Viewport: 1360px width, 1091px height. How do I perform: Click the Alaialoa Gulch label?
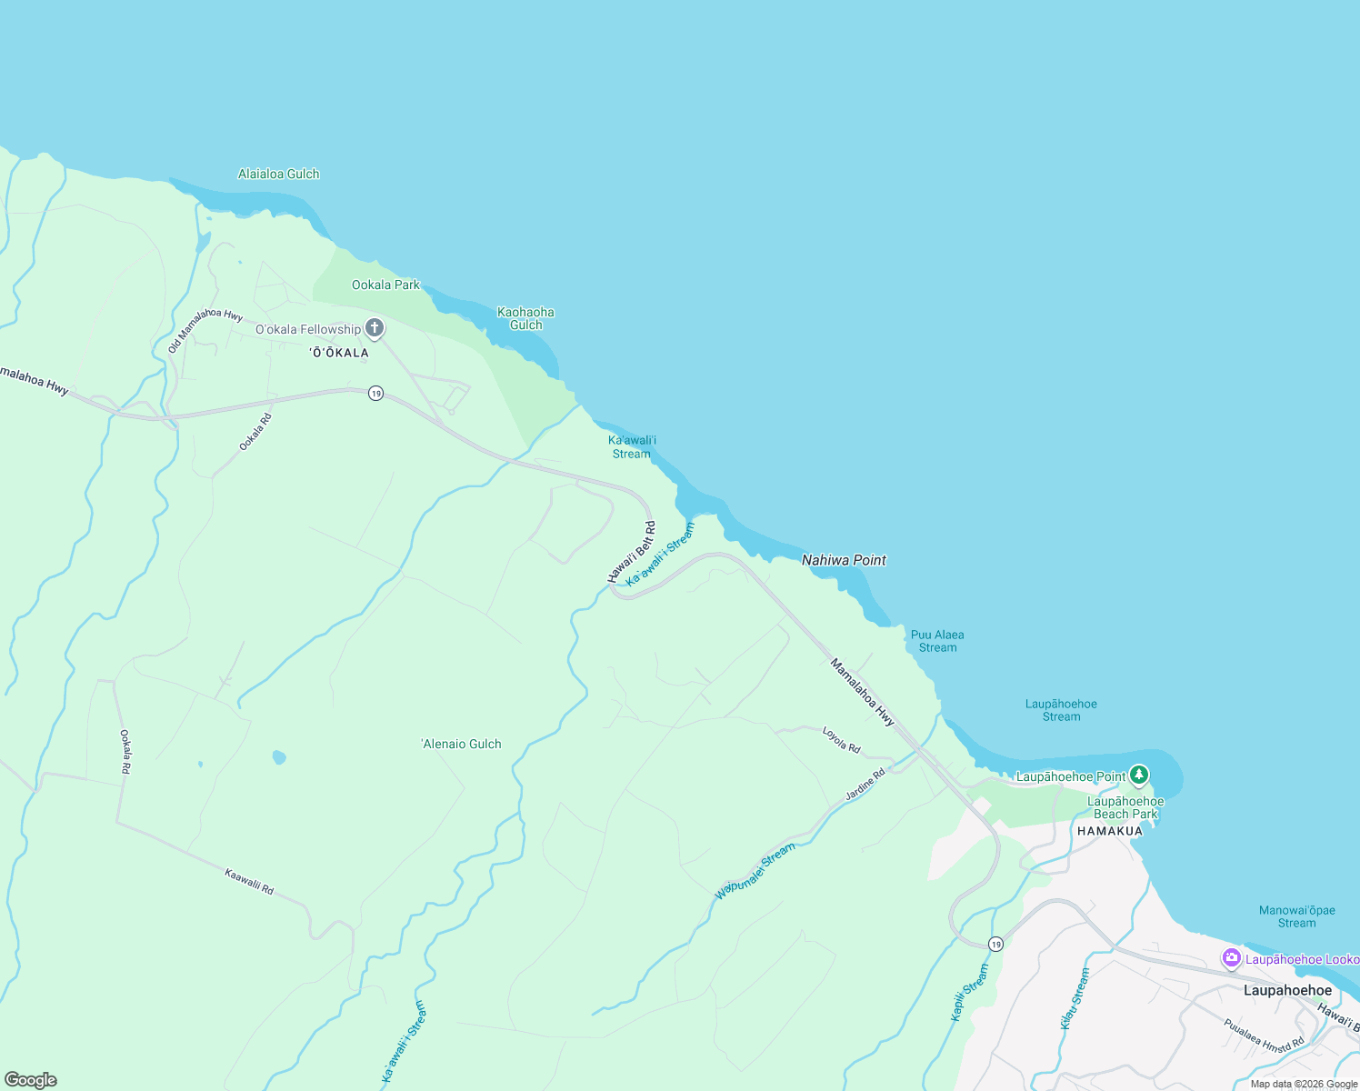click(278, 174)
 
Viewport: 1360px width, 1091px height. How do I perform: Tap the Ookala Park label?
click(385, 285)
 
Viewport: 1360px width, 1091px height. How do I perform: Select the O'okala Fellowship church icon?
click(375, 328)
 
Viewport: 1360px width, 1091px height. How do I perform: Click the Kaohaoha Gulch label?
click(525, 318)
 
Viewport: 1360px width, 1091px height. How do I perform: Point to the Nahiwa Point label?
click(844, 560)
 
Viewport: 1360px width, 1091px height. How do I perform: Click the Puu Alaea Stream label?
click(937, 641)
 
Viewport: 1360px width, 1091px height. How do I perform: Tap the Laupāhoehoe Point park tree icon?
click(1139, 776)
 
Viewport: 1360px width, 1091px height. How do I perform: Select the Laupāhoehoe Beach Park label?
click(1125, 807)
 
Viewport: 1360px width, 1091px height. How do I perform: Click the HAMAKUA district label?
click(1109, 831)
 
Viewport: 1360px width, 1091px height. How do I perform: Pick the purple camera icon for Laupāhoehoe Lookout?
click(1232, 958)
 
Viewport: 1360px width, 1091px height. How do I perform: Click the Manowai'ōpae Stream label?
click(1296, 916)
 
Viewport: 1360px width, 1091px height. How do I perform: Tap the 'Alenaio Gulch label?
click(462, 744)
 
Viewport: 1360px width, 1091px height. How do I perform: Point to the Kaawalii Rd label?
click(249, 881)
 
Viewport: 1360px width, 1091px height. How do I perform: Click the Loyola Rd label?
click(841, 739)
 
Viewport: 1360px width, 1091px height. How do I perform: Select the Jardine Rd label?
click(865, 785)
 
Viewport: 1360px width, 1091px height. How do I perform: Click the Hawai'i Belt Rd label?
click(632, 552)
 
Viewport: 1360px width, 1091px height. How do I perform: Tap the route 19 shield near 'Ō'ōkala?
click(375, 394)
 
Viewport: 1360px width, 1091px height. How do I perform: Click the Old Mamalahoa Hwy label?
click(205, 330)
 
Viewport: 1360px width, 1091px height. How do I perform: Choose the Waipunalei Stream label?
click(755, 871)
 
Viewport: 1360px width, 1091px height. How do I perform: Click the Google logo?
click(31, 1080)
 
